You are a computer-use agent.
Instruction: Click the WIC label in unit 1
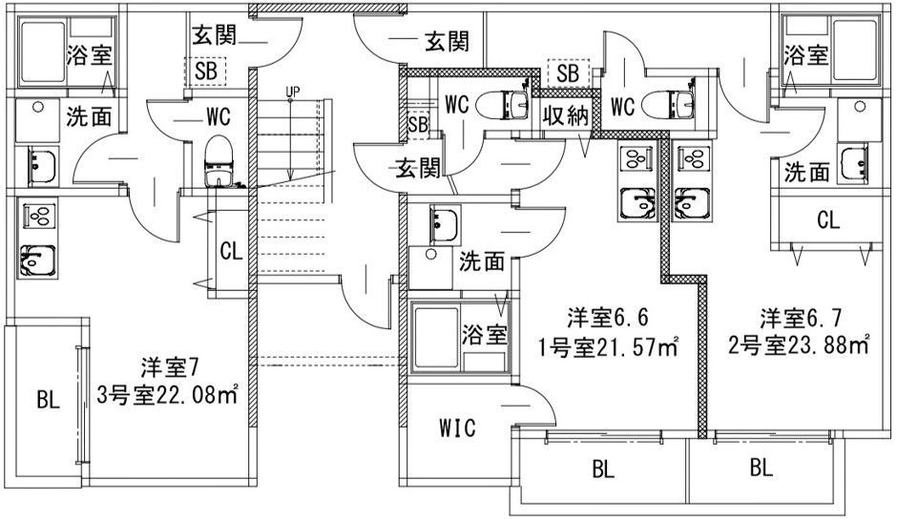457,428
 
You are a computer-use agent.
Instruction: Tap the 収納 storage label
565,116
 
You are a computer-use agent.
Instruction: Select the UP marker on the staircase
292,91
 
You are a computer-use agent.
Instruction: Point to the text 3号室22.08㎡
167,395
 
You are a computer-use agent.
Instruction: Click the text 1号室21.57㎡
609,346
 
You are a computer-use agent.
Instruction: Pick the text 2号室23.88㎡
799,345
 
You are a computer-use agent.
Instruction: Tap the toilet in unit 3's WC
219,161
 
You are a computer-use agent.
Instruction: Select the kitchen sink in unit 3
38,261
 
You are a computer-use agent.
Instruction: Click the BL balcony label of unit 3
48,399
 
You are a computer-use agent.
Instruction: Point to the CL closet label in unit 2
827,220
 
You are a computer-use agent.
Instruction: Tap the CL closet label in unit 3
231,251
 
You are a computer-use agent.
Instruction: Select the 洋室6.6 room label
608,317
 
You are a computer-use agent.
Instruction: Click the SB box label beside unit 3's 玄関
205,71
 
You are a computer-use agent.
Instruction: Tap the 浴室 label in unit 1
485,335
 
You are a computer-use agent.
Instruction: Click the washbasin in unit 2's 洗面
853,164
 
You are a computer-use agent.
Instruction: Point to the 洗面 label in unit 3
89,116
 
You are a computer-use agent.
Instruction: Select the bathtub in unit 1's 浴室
436,338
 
